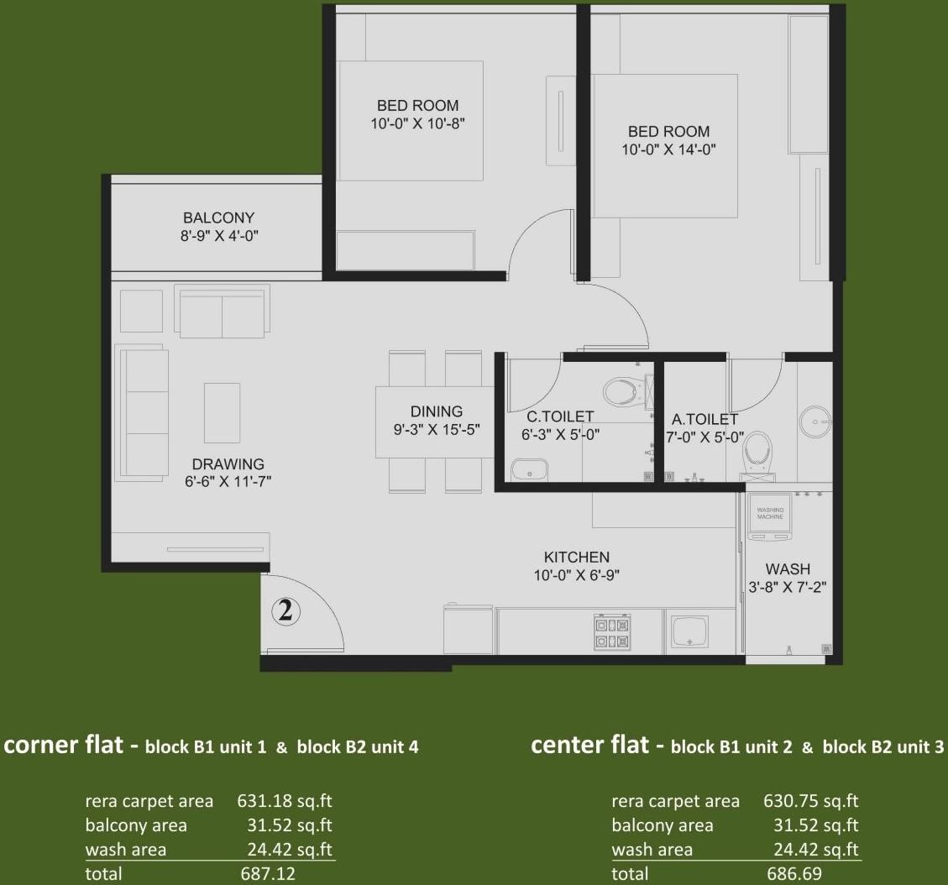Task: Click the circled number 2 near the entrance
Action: tap(285, 611)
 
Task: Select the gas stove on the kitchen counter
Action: tap(612, 632)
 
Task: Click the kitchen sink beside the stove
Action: tap(688, 631)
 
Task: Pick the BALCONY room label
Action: tap(218, 218)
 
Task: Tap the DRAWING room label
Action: tap(228, 464)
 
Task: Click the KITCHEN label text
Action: tap(576, 557)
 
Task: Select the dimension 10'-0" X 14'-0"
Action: tap(668, 150)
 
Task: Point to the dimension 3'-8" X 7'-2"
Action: tap(788, 588)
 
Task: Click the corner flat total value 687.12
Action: tap(268, 874)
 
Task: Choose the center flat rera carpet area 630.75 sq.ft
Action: tap(811, 801)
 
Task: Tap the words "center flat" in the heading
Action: tap(590, 745)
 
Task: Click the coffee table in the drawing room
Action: tap(222, 412)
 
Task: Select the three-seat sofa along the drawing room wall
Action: tap(144, 411)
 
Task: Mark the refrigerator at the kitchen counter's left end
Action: tap(467, 630)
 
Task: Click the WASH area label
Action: tap(788, 568)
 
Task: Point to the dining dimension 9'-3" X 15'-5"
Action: tap(436, 429)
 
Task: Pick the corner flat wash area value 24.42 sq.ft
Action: tap(285, 850)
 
